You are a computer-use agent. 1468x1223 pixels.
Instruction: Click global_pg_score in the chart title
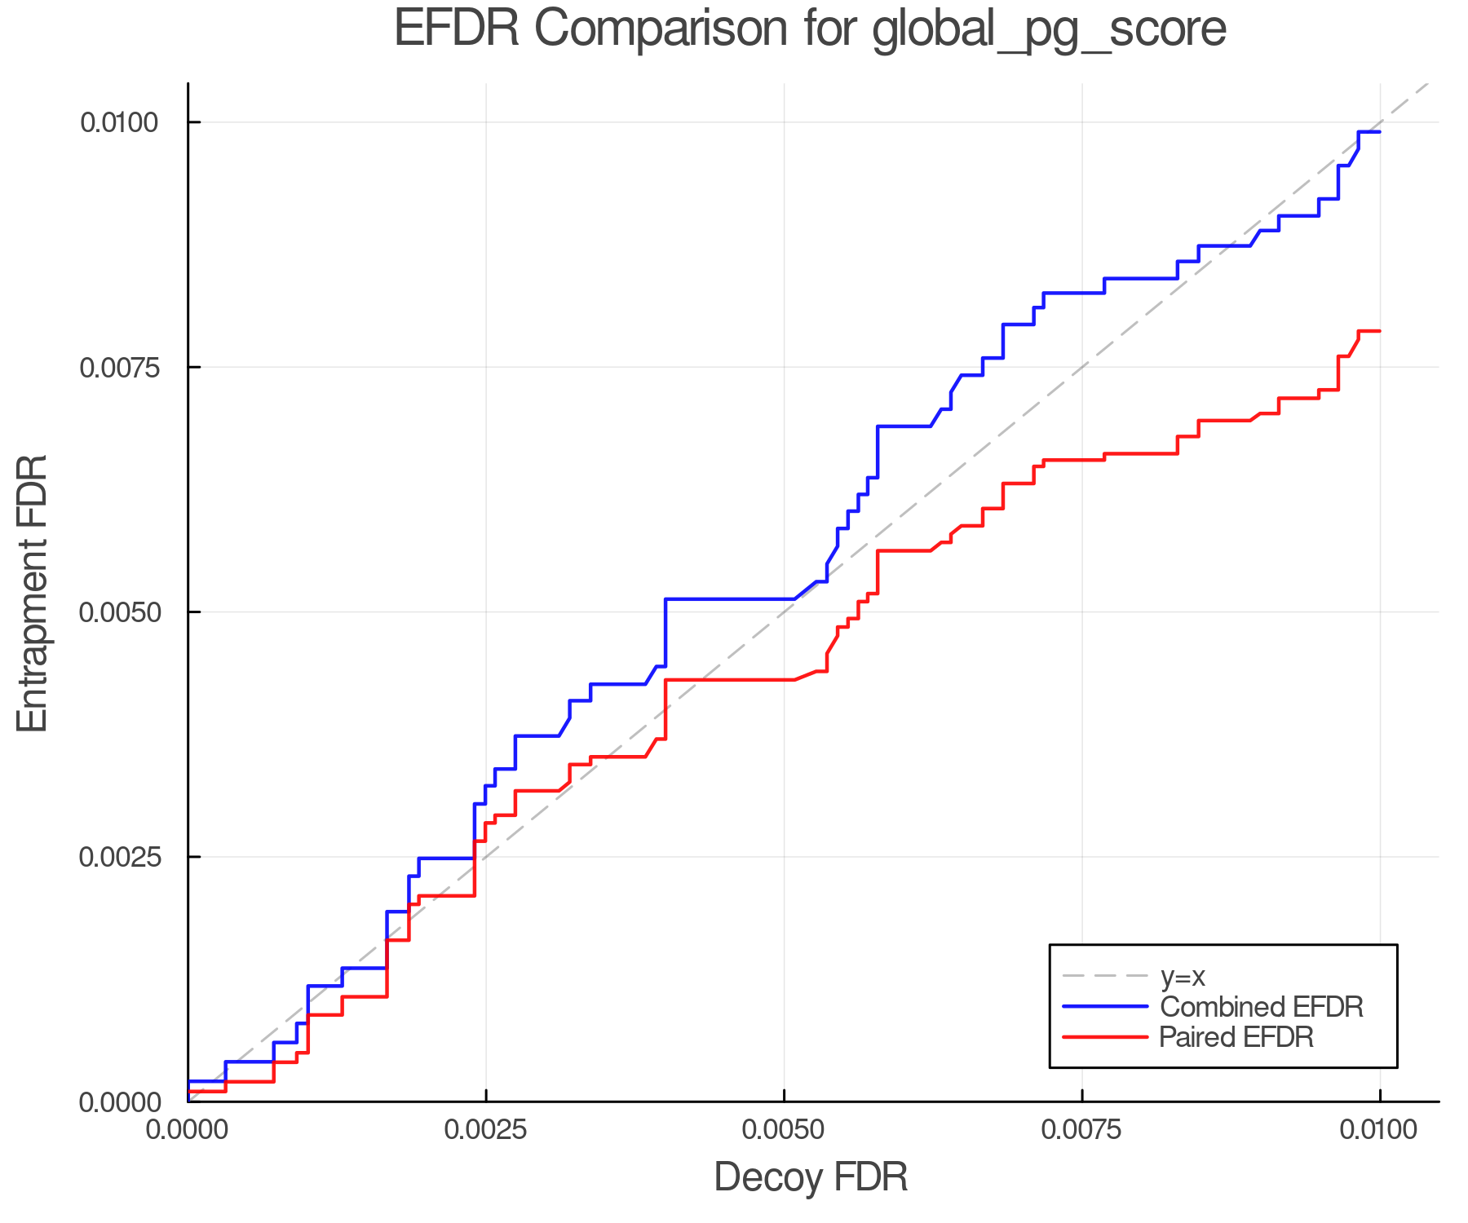pos(1049,30)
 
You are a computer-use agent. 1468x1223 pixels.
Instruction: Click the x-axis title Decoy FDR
pos(811,1177)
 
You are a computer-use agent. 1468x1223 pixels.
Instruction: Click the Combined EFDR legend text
pos(1261,1007)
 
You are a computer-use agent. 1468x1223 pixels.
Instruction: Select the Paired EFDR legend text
pos(1236,1037)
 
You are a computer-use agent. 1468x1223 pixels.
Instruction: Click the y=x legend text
pos(1183,976)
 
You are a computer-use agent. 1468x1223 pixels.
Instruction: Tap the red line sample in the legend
pos(1105,1037)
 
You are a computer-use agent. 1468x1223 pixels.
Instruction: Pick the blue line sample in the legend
pos(1105,1007)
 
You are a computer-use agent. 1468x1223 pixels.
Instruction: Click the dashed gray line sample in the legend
pos(1105,976)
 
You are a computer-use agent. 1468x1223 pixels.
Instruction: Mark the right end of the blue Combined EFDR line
pos(1379,132)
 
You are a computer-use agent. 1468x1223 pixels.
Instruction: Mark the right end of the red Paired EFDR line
pos(1379,331)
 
